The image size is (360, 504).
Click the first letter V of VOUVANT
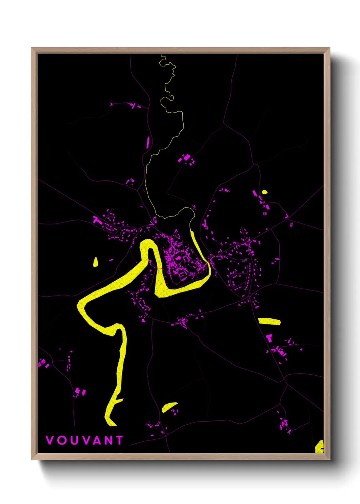click(x=50, y=440)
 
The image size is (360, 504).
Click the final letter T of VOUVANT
click(x=119, y=440)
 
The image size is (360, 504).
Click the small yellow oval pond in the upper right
click(x=264, y=192)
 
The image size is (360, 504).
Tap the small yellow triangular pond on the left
click(x=96, y=262)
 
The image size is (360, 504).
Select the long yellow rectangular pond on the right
click(x=269, y=321)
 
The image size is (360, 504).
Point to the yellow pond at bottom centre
click(x=169, y=407)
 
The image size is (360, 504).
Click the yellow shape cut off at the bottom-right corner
click(x=320, y=446)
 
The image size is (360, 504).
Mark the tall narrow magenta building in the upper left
click(x=148, y=142)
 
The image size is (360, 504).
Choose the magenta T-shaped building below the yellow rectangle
click(x=269, y=338)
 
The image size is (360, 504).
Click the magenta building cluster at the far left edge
click(x=43, y=363)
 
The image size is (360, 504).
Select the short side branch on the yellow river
click(x=119, y=400)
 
